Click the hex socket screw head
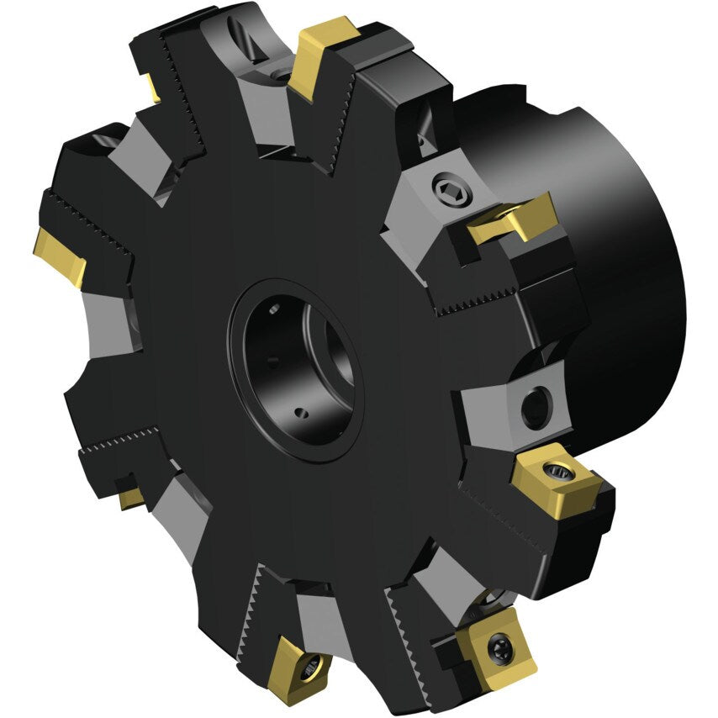445,189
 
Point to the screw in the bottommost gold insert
313,667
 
